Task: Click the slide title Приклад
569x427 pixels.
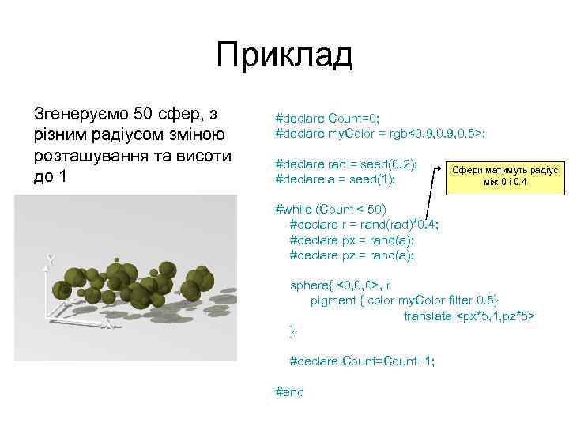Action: [284, 56]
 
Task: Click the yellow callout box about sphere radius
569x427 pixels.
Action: [504, 176]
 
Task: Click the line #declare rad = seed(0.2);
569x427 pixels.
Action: [345, 164]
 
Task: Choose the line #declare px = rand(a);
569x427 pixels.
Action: [352, 240]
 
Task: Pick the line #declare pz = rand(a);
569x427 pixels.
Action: [352, 255]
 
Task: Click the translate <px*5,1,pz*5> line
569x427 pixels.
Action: [469, 316]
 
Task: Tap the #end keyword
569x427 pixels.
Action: [288, 391]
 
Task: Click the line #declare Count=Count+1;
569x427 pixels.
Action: [362, 361]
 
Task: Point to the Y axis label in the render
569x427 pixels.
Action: [49, 259]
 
